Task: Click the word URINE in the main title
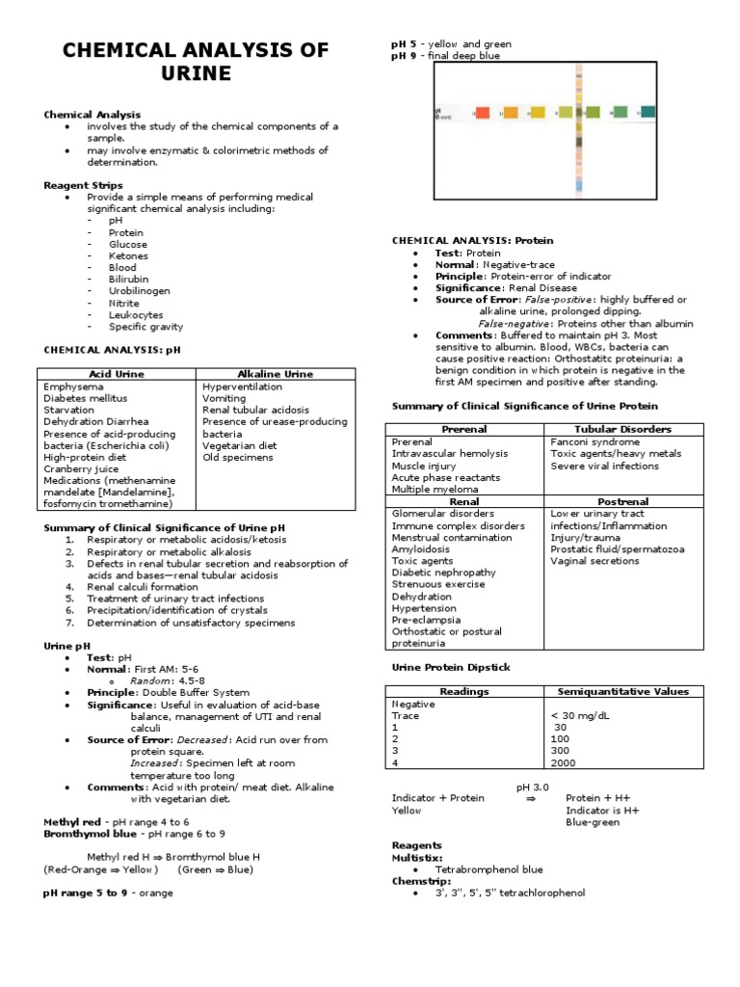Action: tap(196, 74)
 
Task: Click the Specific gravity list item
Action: tap(145, 327)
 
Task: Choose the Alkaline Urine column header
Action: tap(275, 373)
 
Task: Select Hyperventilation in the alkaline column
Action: tap(242, 386)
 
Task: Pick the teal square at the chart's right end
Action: tap(647, 112)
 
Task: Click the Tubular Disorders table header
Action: tap(623, 429)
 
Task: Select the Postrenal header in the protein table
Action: tap(623, 501)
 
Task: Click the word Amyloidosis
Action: tap(427, 549)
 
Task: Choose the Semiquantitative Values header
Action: tap(623, 691)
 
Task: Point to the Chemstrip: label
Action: tap(416, 880)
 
